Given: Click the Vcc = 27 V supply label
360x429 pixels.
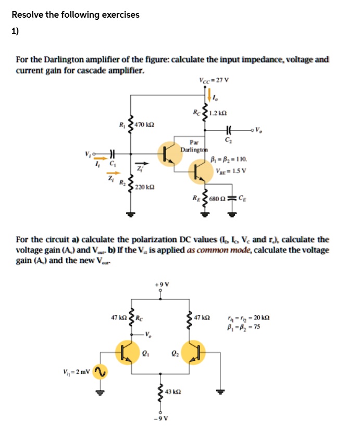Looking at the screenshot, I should (x=214, y=81).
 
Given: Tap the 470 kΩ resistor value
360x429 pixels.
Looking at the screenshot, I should (x=144, y=125).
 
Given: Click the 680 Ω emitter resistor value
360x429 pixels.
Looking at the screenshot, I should (x=222, y=198).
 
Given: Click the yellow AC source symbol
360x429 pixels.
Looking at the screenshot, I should (x=101, y=371).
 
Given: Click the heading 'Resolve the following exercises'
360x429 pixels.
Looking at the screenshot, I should (x=76, y=15).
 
